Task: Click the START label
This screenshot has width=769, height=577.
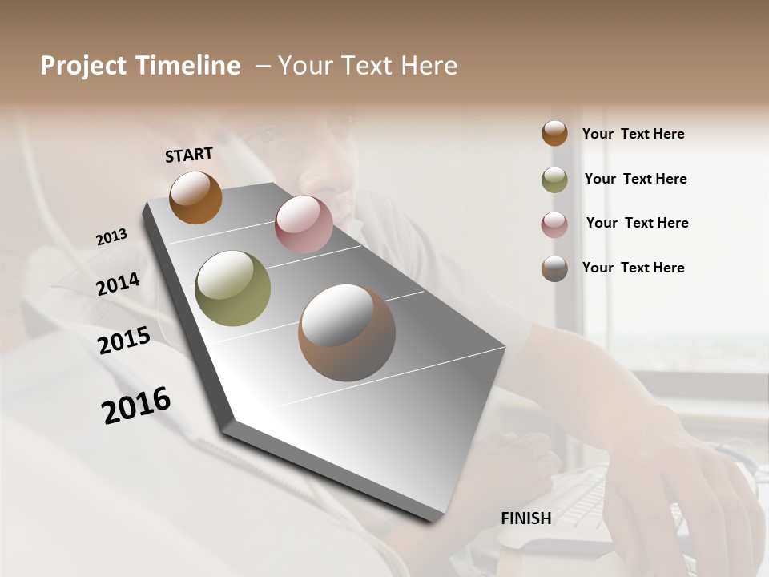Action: pyautogui.click(x=189, y=155)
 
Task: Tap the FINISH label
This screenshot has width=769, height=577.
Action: pyautogui.click(x=525, y=518)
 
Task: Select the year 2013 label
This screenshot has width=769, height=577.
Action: pyautogui.click(x=111, y=237)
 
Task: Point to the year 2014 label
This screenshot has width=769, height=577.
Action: pyautogui.click(x=118, y=284)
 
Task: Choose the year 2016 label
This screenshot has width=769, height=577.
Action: pyautogui.click(x=136, y=406)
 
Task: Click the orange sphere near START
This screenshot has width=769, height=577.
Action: pyautogui.click(x=195, y=197)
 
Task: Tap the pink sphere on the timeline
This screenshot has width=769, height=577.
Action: pyautogui.click(x=304, y=224)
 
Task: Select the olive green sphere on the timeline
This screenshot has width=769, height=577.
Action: pyautogui.click(x=232, y=288)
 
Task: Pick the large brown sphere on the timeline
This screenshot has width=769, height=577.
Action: pyautogui.click(x=347, y=333)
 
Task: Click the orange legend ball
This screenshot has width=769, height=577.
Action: pyautogui.click(x=554, y=133)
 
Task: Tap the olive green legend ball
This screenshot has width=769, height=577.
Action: pyautogui.click(x=554, y=180)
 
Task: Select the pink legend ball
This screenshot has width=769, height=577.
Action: pyautogui.click(x=554, y=224)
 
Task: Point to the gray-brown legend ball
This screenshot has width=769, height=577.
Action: pyautogui.click(x=554, y=268)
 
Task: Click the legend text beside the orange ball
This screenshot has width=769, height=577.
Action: pyautogui.click(x=633, y=135)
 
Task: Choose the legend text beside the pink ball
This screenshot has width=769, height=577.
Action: pyautogui.click(x=637, y=223)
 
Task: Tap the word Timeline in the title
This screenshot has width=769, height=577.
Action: pyautogui.click(x=191, y=66)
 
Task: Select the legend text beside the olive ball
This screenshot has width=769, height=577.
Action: pyautogui.click(x=635, y=179)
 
